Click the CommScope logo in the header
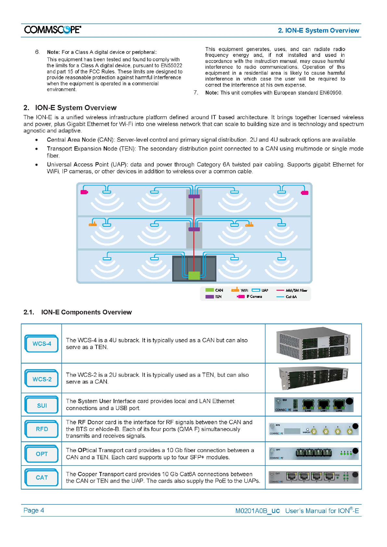coord(53,30)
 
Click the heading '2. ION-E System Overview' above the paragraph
coord(70,108)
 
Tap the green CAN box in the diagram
coord(194,275)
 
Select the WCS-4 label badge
coord(42,344)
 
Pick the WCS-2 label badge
coord(42,379)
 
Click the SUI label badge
coord(42,405)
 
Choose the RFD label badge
coord(42,429)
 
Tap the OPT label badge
coord(42,454)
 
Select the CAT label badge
coord(42,477)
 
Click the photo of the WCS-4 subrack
coord(313,343)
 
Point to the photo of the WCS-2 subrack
coord(313,378)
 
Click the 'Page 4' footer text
coord(34,510)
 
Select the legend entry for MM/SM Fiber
coord(292,290)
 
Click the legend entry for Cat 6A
coord(287,297)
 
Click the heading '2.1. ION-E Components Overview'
coord(78,312)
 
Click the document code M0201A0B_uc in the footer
coord(257,511)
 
